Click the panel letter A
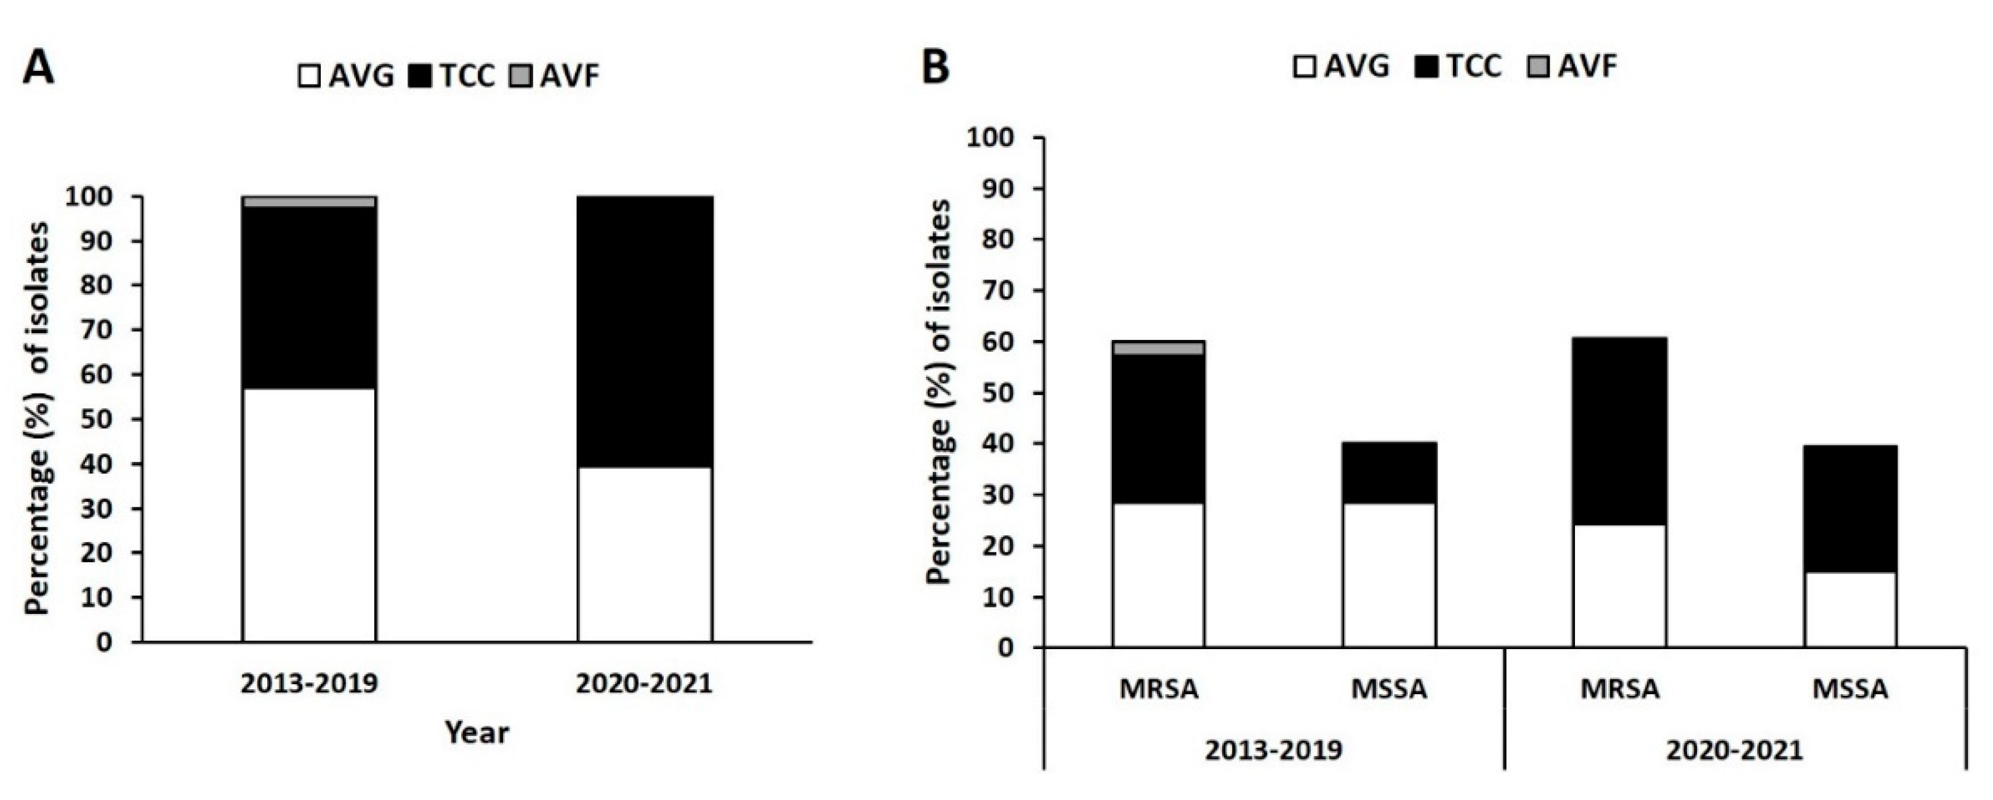coord(39,69)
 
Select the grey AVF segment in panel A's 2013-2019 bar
coord(310,201)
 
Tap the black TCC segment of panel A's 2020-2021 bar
coord(645,331)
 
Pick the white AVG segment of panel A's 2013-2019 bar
coord(310,514)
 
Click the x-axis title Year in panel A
coord(477,732)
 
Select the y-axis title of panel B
coord(940,392)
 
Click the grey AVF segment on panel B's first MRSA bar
coord(1158,347)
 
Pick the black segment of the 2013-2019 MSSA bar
coord(1390,473)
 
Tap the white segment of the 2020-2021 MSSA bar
coord(1851,610)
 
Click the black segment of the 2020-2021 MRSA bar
coord(1620,431)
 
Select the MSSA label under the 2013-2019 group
coord(1389,689)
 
